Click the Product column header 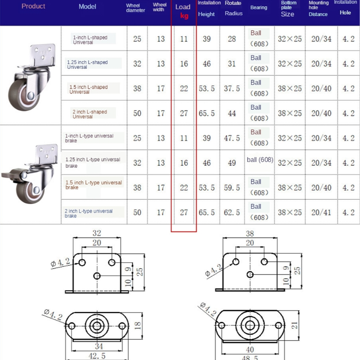coord(33,6)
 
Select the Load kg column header coord(184,11)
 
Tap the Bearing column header coord(259,8)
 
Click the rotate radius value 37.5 coord(232,89)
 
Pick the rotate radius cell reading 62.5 coord(232,212)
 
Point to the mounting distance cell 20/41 coord(321,212)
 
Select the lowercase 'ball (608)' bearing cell coord(260,160)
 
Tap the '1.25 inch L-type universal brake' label coord(93,162)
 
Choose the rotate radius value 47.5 coord(232,138)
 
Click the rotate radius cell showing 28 coord(232,39)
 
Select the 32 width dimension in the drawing coord(97,233)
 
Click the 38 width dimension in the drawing coord(250,234)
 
